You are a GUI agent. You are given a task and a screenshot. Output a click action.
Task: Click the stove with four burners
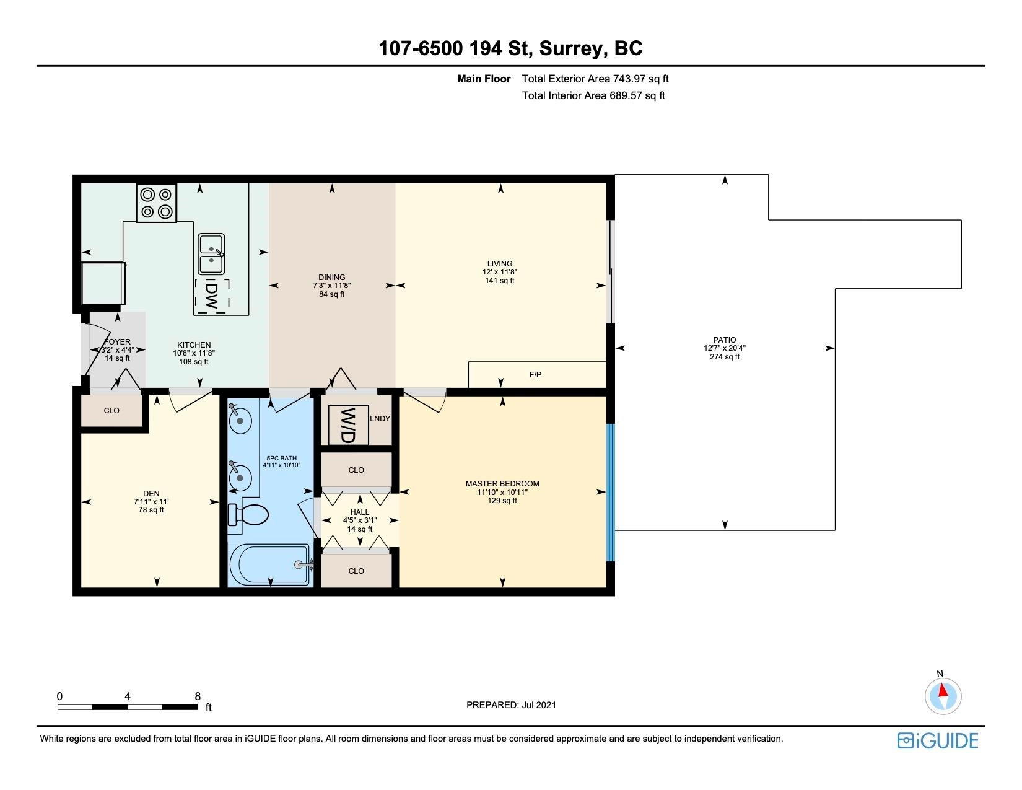pyautogui.click(x=157, y=203)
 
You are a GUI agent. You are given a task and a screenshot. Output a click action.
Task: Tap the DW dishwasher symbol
pyautogui.click(x=212, y=296)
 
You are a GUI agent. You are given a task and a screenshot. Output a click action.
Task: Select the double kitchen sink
pyautogui.click(x=211, y=254)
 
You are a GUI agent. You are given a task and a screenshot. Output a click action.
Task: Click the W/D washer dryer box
pyautogui.click(x=348, y=425)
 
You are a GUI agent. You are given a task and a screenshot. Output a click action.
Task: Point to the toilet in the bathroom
pyautogui.click(x=248, y=514)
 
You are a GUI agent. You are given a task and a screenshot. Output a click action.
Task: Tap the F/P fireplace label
pyautogui.click(x=535, y=374)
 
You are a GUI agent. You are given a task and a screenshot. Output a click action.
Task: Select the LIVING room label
pyautogui.click(x=499, y=263)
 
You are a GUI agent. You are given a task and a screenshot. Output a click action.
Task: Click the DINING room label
pyautogui.click(x=331, y=277)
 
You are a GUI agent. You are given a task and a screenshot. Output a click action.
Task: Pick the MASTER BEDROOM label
pyautogui.click(x=502, y=483)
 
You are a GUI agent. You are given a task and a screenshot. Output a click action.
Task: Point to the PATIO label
pyautogui.click(x=724, y=340)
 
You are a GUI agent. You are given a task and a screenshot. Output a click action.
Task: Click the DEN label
pyautogui.click(x=151, y=493)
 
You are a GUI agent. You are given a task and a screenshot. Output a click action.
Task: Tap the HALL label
pyautogui.click(x=360, y=512)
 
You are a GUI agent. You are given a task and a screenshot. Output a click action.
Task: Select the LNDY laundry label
pyautogui.click(x=380, y=418)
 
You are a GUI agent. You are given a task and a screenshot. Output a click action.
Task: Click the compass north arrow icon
pyautogui.click(x=943, y=696)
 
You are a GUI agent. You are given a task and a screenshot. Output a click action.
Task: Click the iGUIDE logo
pyautogui.click(x=938, y=740)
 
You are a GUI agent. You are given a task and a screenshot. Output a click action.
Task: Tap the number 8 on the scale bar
pyautogui.click(x=198, y=696)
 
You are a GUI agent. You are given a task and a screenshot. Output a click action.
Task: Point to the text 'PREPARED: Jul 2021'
pyautogui.click(x=511, y=705)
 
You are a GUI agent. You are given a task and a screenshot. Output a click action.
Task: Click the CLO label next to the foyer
pyautogui.click(x=111, y=410)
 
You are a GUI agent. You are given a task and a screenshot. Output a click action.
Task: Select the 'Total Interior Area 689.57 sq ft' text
pyautogui.click(x=593, y=95)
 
